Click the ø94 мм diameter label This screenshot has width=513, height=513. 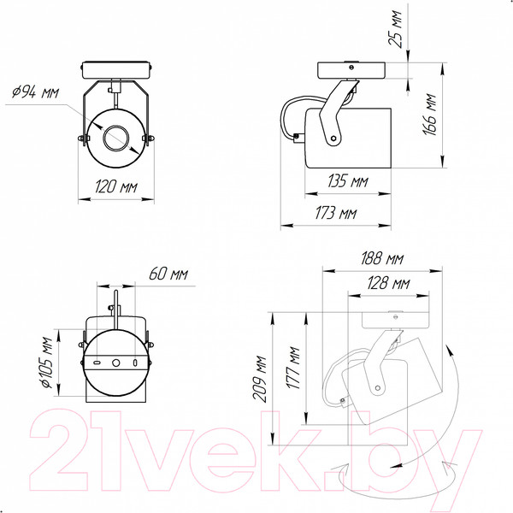pyautogui.click(x=35, y=92)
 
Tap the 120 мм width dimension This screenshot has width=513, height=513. pyautogui.click(x=115, y=186)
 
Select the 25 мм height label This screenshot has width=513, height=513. pyautogui.click(x=395, y=29)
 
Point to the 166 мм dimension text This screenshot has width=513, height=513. pyautogui.click(x=429, y=115)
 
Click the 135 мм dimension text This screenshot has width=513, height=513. pyautogui.click(x=348, y=181)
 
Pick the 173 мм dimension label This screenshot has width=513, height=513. pyautogui.click(x=336, y=213)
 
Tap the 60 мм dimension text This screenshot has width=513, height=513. pyautogui.click(x=168, y=274)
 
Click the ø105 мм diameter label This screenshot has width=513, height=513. pyautogui.click(x=47, y=363)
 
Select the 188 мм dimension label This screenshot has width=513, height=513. pyautogui.click(x=382, y=258)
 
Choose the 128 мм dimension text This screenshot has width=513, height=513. pyautogui.click(x=388, y=283)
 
